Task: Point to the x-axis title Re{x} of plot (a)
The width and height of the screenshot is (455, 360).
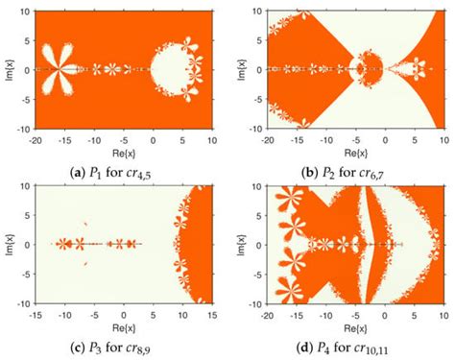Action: (x=116, y=144)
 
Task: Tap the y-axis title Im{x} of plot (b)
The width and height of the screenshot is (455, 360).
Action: (x=239, y=69)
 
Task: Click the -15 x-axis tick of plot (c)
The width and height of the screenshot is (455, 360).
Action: (x=36, y=315)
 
